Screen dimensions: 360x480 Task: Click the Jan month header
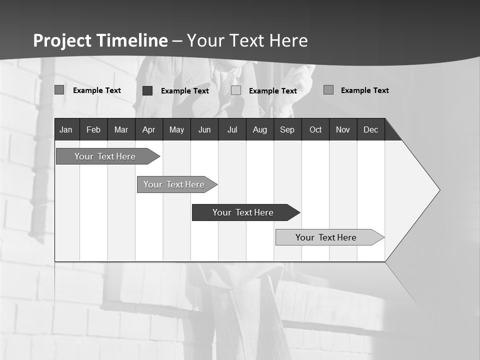(x=66, y=129)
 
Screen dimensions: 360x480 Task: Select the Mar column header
(x=121, y=129)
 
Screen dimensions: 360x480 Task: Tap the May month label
(x=176, y=129)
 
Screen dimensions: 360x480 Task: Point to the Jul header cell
(x=232, y=129)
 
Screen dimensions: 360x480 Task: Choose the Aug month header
(x=259, y=129)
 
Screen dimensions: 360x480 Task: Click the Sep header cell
(x=287, y=129)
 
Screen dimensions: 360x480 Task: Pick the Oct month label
(x=315, y=129)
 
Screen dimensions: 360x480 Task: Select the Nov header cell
(x=343, y=129)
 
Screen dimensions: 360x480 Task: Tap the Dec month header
(x=370, y=129)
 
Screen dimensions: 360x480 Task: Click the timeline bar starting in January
(x=105, y=156)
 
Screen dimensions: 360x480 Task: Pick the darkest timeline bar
(x=243, y=212)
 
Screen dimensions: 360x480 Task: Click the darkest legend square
(x=147, y=90)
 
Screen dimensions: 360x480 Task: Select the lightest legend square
(x=236, y=90)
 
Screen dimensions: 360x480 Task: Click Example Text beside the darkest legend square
(x=185, y=91)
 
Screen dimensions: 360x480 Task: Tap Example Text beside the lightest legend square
(x=273, y=91)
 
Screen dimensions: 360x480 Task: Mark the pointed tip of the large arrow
(x=439, y=190)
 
